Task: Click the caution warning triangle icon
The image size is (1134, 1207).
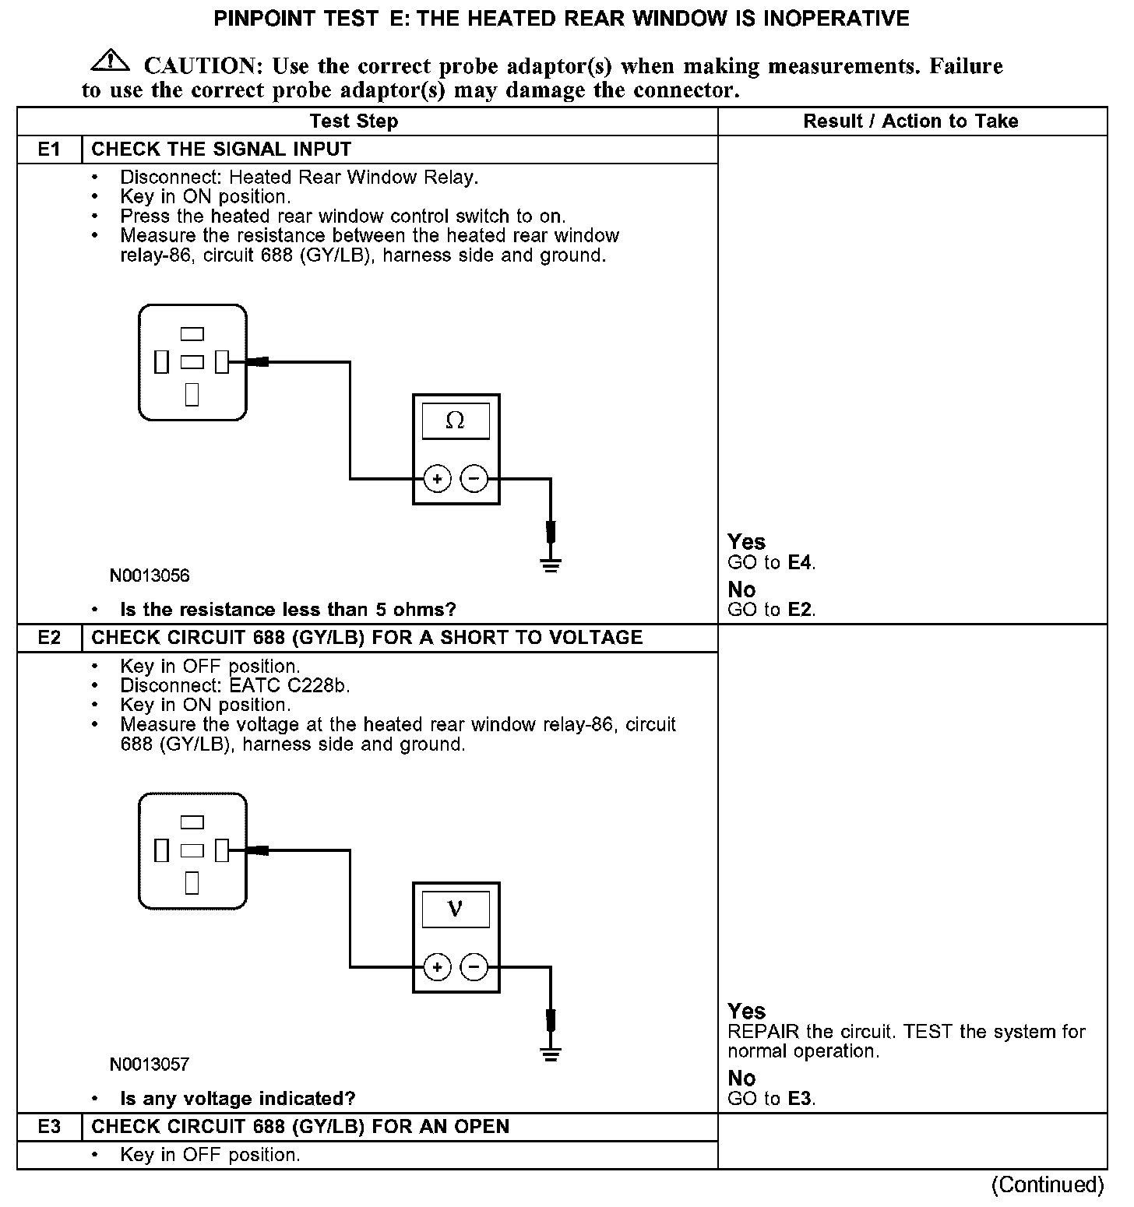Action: click(111, 60)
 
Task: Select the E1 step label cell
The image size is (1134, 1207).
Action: click(49, 150)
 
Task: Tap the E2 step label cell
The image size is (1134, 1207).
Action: click(49, 638)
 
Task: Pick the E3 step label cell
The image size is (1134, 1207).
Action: click(49, 1127)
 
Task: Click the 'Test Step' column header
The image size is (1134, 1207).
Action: click(354, 121)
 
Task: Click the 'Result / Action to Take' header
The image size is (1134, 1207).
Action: click(910, 121)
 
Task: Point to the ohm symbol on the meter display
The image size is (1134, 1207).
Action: click(456, 421)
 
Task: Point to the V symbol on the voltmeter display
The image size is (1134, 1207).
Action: click(456, 910)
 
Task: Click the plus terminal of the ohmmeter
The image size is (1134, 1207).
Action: click(438, 479)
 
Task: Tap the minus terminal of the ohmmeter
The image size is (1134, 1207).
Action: click(474, 479)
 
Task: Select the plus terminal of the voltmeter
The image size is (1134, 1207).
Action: click(438, 967)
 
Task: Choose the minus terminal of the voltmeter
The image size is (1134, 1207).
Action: click(474, 967)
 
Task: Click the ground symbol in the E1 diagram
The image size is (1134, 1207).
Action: click(551, 565)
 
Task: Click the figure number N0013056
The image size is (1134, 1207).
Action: click(150, 576)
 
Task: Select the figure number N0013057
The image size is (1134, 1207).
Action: click(150, 1064)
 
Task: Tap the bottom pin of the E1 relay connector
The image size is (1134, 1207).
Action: click(192, 394)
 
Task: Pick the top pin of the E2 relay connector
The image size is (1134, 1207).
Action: click(192, 822)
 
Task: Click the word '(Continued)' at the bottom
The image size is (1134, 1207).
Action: click(1047, 1185)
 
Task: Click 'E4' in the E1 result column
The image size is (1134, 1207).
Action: click(801, 562)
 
